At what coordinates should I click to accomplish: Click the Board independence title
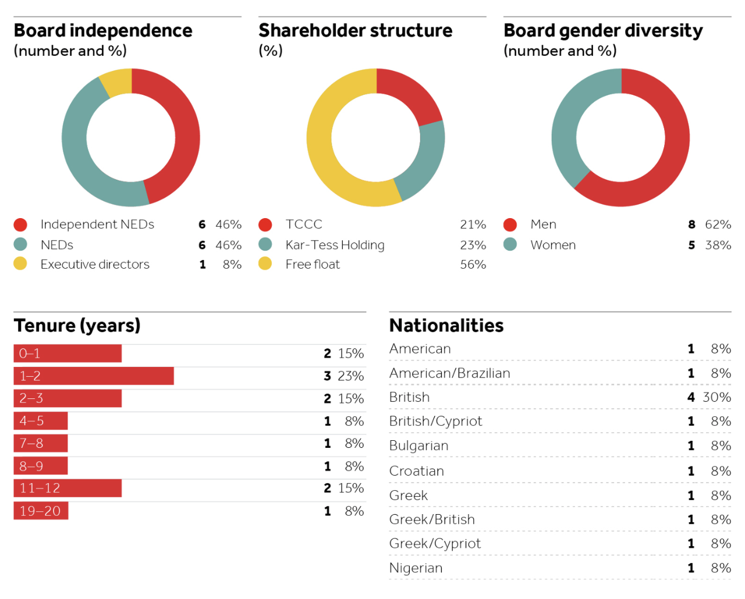(x=103, y=30)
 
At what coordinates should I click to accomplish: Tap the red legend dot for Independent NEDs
(x=20, y=225)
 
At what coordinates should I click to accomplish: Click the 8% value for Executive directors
(x=232, y=265)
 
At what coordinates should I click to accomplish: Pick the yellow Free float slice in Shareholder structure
(x=326, y=151)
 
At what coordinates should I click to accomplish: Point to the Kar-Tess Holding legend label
(x=335, y=245)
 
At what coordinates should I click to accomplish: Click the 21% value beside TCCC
(x=473, y=224)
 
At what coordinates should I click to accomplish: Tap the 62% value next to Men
(x=718, y=224)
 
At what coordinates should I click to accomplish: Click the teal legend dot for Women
(x=510, y=245)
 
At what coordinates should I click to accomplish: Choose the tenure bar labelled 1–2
(x=94, y=376)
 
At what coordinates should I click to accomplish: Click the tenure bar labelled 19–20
(x=41, y=511)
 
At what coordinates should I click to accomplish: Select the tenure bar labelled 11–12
(x=68, y=489)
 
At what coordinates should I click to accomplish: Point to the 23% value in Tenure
(x=351, y=376)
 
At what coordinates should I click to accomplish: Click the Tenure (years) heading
(x=77, y=326)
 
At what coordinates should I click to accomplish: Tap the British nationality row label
(x=409, y=397)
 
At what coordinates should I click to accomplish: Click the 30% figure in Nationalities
(x=716, y=397)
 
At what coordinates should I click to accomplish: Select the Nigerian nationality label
(x=416, y=568)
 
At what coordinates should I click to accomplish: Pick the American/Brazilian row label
(x=449, y=373)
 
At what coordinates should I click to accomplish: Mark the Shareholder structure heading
(x=355, y=30)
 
